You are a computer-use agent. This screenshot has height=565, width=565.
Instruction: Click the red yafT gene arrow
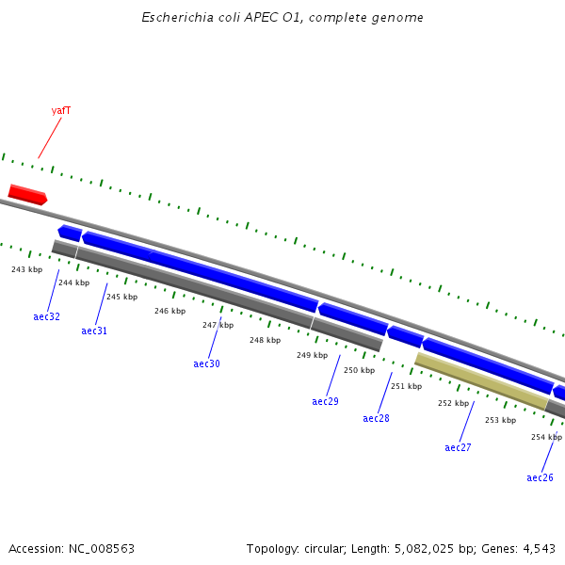coord(27,195)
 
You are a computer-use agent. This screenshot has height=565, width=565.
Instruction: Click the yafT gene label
coord(61,111)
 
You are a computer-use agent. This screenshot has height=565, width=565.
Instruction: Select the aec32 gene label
coord(46,317)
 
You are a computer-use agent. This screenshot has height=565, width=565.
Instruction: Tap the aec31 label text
coord(94,331)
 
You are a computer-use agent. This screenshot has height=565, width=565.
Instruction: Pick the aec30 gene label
coord(206,364)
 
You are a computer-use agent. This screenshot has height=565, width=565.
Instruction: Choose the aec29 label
coord(325,402)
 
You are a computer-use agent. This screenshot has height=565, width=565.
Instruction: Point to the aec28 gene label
coord(376,419)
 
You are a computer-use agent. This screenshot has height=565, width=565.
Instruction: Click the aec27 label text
coord(458,448)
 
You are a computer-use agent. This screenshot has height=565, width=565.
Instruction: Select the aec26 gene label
coord(540,478)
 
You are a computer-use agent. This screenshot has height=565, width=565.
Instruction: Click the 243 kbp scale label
coord(26,270)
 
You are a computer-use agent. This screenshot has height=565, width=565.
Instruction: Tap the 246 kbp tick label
coord(169,312)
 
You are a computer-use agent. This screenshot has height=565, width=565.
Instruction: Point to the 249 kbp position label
coord(312,356)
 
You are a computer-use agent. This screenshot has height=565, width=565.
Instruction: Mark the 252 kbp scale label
coord(453,404)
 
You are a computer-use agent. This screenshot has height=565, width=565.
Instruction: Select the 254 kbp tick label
coord(546,438)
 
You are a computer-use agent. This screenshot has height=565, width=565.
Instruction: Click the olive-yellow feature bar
coord(481,381)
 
